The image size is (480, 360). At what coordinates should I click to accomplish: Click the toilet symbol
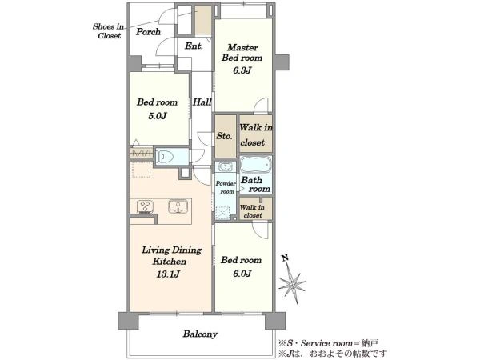tap(165, 157)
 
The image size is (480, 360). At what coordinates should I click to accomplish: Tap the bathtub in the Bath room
tap(256, 164)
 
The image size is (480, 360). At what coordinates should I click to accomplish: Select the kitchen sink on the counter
tap(178, 206)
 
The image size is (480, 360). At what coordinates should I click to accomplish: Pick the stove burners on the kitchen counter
tap(145, 206)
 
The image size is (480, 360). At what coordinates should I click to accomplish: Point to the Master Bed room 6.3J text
tap(242, 58)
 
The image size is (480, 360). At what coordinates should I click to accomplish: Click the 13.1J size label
tap(168, 274)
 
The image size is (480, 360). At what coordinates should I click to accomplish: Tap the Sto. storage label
tap(224, 136)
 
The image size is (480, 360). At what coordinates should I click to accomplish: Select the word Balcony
tap(200, 334)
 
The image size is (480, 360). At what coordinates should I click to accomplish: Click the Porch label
tap(148, 31)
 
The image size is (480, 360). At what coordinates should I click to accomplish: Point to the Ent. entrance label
tap(194, 46)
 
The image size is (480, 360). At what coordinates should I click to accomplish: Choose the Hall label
tap(202, 102)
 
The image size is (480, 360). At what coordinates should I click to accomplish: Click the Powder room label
tap(226, 187)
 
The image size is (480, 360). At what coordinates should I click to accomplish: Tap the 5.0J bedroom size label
tap(157, 116)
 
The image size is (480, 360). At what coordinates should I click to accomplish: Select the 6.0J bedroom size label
tap(242, 273)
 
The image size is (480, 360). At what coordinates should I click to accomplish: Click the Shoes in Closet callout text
tap(108, 31)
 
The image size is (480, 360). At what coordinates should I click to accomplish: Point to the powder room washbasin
tap(226, 167)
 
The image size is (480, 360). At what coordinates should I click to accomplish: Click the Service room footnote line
tap(329, 343)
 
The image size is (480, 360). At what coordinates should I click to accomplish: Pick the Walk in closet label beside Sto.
tap(256, 134)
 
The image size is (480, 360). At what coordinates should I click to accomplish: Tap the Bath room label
tap(256, 184)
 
